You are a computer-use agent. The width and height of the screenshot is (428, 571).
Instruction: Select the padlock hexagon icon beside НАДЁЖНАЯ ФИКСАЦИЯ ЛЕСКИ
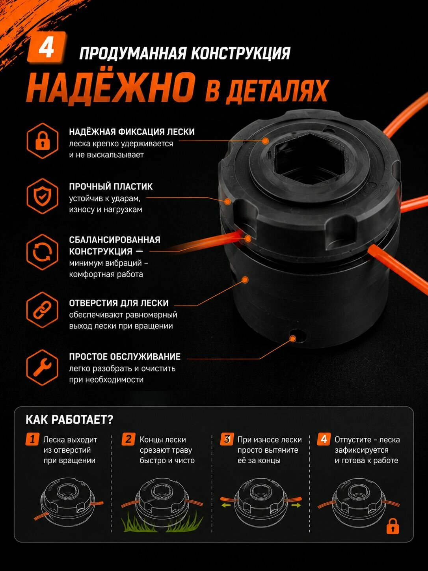point(42,141)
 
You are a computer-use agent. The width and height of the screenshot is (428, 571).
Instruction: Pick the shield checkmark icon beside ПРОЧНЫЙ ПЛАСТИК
point(42,196)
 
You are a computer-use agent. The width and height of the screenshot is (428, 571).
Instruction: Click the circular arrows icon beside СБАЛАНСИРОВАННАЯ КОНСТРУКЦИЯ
point(42,252)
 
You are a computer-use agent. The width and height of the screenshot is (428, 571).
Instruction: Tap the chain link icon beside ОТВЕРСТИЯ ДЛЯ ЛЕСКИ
point(42,310)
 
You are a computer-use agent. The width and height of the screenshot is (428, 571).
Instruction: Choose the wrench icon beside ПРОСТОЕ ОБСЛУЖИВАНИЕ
point(42,368)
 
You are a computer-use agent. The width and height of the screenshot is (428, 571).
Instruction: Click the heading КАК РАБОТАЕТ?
point(70,420)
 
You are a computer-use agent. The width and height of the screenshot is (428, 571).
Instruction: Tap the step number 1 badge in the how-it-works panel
point(32,439)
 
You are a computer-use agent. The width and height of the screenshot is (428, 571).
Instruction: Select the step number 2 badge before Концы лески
point(128,439)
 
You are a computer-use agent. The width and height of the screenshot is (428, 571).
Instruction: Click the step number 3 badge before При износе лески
point(227,439)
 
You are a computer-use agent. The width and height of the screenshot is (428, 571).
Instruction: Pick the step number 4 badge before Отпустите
point(324,439)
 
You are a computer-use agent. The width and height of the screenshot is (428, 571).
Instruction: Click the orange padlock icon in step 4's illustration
point(393,526)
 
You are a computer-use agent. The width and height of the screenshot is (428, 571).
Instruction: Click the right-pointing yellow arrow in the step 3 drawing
point(296,506)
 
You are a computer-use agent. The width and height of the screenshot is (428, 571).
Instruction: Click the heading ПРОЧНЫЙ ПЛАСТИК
point(111,187)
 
